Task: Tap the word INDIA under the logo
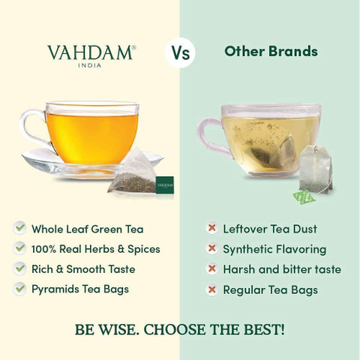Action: [89, 65]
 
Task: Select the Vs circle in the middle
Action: [180, 52]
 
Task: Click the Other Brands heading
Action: [271, 51]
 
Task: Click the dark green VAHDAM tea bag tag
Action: [164, 185]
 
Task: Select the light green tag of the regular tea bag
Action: [304, 198]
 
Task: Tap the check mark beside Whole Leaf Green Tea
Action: [19, 228]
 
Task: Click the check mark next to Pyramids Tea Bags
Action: [19, 289]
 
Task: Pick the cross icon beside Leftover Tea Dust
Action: [211, 228]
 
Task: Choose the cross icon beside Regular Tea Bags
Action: [211, 289]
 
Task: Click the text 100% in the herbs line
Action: [43, 249]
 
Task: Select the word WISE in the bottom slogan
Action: [118, 330]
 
